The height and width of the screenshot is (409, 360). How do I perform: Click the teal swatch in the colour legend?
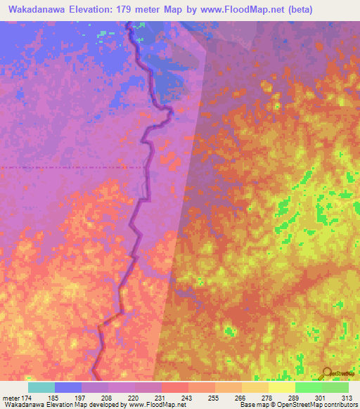(x=41, y=387)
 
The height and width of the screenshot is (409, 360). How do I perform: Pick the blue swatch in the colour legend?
(x=68, y=387)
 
